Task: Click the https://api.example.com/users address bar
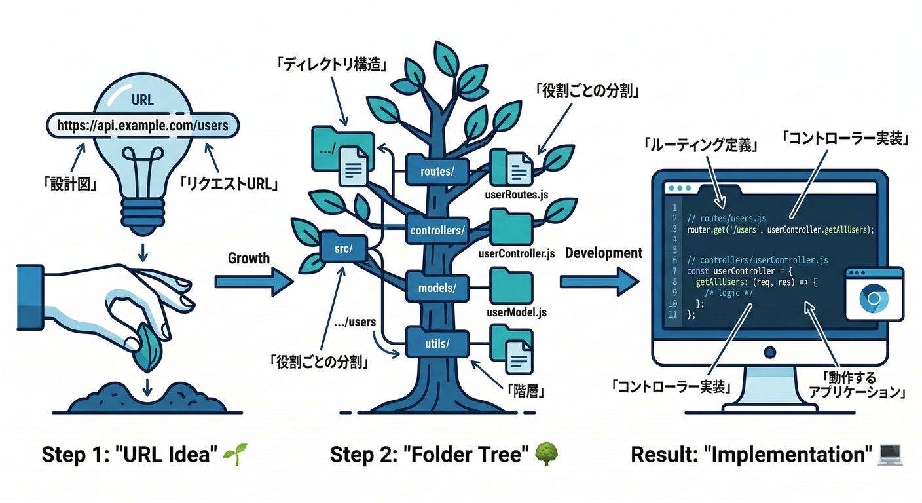coord(143,124)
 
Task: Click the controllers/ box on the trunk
coord(437,231)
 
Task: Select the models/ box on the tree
coord(437,286)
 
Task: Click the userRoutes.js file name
coord(516,195)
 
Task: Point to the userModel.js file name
coord(517,312)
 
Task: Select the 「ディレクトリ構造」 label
coord(331,65)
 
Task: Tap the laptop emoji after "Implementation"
coord(890,453)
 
